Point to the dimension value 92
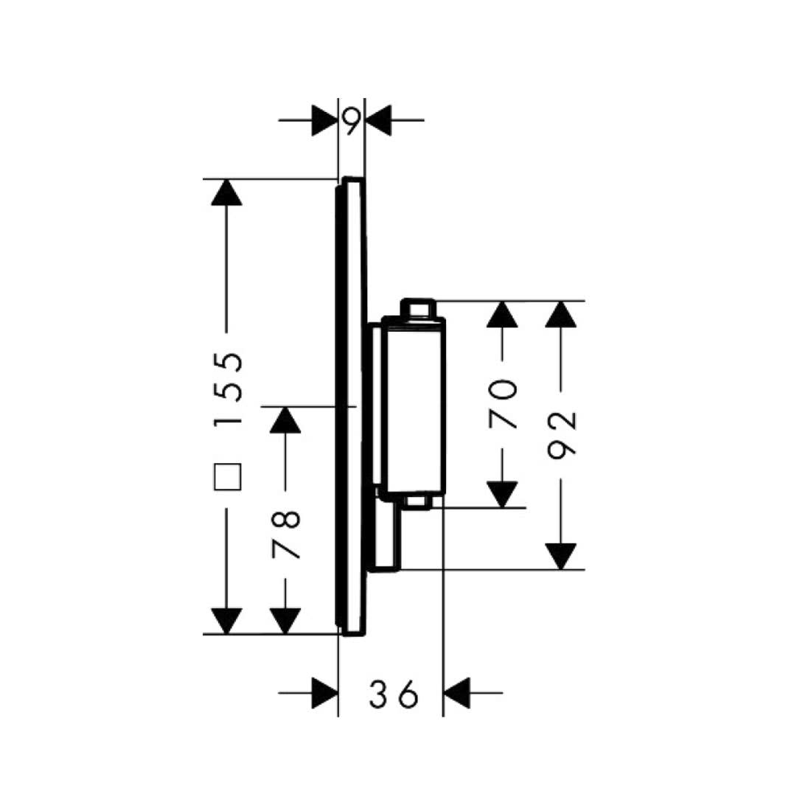tap(563, 434)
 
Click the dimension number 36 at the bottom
tap(394, 694)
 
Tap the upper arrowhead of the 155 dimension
tap(226, 192)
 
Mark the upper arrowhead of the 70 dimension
tap(503, 315)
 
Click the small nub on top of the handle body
tap(417, 307)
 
